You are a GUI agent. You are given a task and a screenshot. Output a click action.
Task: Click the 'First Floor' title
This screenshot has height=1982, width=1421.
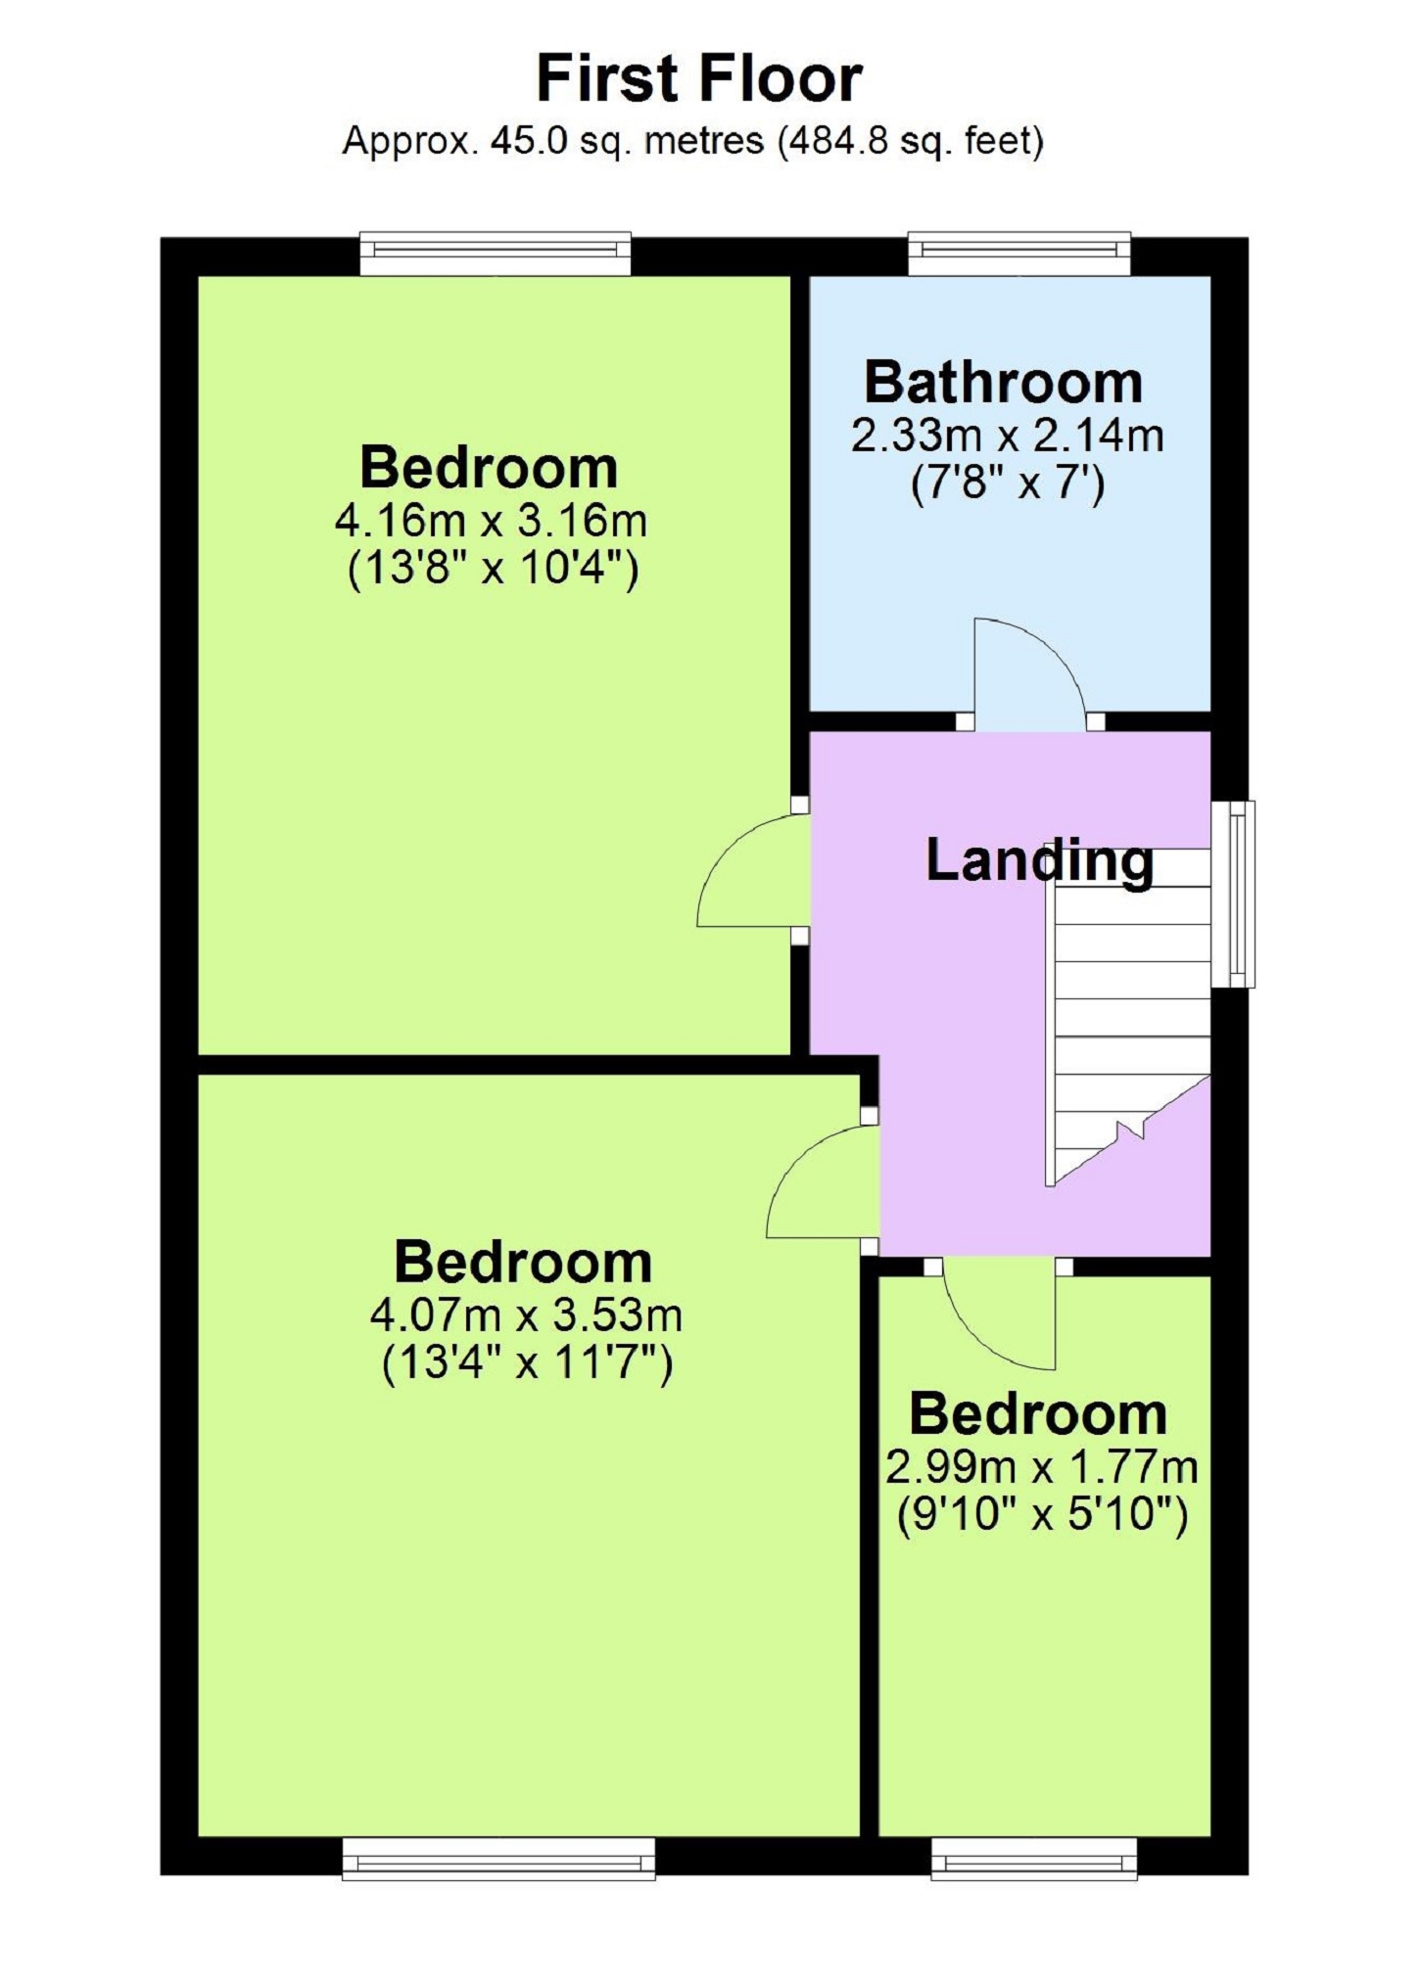(x=699, y=78)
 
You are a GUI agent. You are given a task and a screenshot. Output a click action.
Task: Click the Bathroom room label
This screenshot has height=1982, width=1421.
(x=1004, y=383)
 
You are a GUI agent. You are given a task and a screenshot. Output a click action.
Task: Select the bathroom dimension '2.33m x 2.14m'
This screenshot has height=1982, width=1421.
(x=1007, y=436)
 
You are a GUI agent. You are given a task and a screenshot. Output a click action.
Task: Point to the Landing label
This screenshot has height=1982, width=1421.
(x=1040, y=860)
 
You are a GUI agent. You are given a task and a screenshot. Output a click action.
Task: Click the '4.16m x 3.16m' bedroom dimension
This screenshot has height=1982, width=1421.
(x=491, y=521)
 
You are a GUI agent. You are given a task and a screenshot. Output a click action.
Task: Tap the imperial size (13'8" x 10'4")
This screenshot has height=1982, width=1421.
(x=493, y=569)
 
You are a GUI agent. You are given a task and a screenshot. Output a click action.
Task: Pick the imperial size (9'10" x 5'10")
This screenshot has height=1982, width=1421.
(x=1043, y=1516)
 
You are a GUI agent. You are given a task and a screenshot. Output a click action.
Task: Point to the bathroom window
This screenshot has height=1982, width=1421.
(x=1019, y=254)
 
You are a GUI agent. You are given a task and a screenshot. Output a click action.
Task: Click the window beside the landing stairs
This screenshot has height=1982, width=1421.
(x=1233, y=894)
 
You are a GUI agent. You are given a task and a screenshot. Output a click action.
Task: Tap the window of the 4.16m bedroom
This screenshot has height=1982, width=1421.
(x=496, y=254)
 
